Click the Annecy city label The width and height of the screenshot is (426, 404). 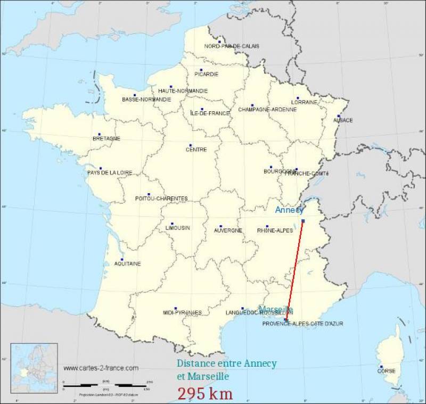tap(289, 210)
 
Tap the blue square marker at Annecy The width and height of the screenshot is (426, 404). tap(303, 221)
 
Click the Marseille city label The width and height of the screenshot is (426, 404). tap(275, 310)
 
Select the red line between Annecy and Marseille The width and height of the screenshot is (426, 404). tap(295, 269)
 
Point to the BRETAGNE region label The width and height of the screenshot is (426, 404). tap(106, 138)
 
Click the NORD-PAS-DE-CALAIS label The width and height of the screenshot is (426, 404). tap(232, 46)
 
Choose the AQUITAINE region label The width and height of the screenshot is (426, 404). tap(128, 263)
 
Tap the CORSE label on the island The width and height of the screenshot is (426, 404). tap(386, 371)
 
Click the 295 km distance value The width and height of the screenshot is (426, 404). tap(205, 393)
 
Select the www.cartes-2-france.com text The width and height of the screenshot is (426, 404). tap(101, 368)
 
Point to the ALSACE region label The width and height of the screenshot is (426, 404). tap(343, 120)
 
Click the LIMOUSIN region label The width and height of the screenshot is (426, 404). tap(178, 228)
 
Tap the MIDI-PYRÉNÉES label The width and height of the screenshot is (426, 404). tap(182, 312)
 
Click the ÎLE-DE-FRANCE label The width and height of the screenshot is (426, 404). tap(210, 113)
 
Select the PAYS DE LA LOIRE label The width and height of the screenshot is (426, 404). tap(110, 172)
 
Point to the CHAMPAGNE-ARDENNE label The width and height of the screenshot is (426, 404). tap(267, 110)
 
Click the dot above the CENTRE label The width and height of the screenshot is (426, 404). tap(190, 145)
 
